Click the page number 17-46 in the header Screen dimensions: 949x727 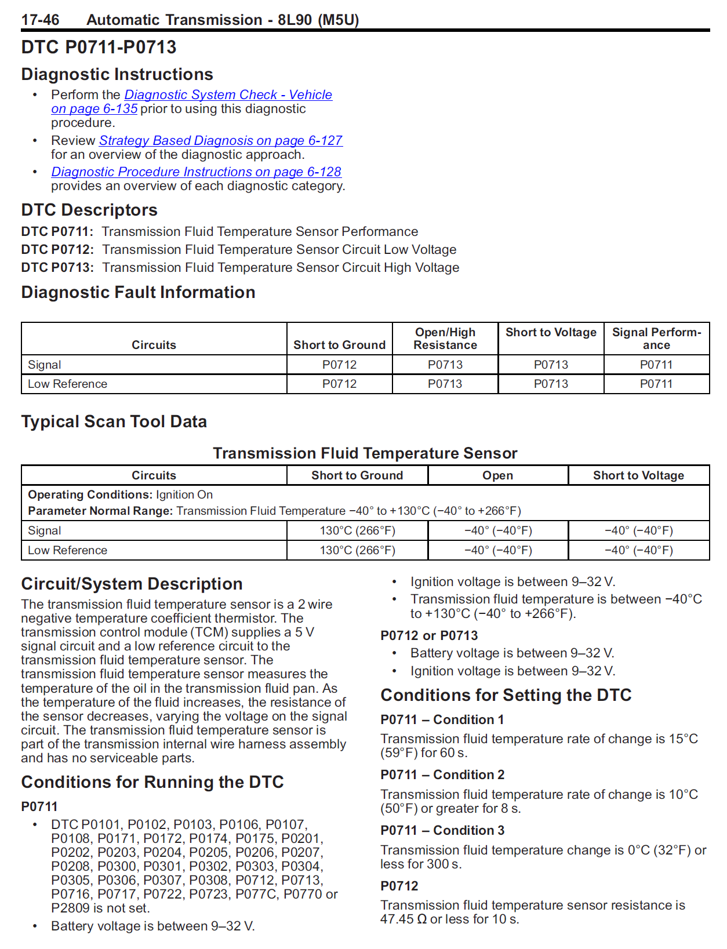[40, 20]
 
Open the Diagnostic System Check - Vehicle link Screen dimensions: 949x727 [228, 94]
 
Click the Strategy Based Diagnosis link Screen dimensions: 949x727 [220, 140]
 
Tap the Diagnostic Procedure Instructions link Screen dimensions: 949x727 [196, 172]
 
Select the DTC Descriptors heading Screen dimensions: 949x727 [89, 210]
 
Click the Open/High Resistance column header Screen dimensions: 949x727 [445, 339]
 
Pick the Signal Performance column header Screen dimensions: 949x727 [656, 339]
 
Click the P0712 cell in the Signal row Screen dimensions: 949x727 [339, 365]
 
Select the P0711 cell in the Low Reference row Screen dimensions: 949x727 [656, 384]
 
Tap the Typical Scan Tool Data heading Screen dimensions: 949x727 [114, 421]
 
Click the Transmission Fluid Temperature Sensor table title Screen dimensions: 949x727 [365, 453]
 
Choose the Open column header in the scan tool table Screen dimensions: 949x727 [497, 475]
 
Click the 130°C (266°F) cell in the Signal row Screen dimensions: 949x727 [357, 530]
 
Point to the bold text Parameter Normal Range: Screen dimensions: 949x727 [100, 511]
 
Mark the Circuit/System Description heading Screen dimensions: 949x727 [132, 584]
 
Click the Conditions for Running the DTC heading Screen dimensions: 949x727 [152, 782]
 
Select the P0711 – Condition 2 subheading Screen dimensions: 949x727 [442, 775]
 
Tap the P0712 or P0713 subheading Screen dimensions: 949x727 [429, 635]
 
